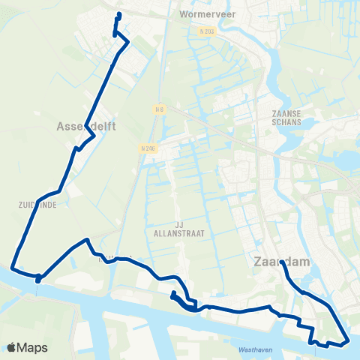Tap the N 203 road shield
[208, 31]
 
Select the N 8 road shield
[159, 109]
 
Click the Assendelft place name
[86, 127]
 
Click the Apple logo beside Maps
[13, 347]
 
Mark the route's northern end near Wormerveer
[118, 14]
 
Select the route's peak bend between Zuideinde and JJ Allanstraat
[88, 240]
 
